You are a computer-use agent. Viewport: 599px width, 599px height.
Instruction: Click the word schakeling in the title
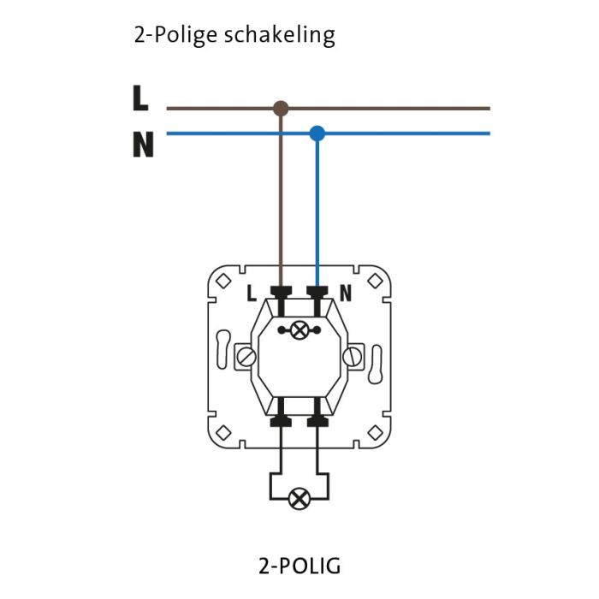(280, 36)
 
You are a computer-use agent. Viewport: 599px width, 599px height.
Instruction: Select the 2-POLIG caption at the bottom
(299, 566)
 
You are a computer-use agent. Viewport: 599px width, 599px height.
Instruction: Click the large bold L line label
(141, 99)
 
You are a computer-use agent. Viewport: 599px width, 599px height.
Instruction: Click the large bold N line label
(143, 145)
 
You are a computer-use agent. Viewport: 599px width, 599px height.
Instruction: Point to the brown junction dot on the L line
(281, 109)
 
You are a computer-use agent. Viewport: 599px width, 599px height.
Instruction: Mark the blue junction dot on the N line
(317, 133)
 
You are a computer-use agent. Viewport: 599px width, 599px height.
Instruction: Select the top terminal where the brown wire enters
(281, 294)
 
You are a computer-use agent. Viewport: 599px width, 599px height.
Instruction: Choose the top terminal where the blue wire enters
(317, 294)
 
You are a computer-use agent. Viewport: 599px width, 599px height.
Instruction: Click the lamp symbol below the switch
(299, 498)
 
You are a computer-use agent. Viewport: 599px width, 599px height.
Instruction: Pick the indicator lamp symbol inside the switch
(299, 329)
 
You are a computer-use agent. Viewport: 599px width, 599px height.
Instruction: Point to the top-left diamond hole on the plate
(224, 280)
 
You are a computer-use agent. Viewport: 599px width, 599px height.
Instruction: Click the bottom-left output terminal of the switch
(281, 420)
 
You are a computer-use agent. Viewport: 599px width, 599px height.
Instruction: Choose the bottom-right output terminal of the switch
(317, 420)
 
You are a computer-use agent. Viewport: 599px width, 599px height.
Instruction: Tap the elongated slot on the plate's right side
(376, 358)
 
